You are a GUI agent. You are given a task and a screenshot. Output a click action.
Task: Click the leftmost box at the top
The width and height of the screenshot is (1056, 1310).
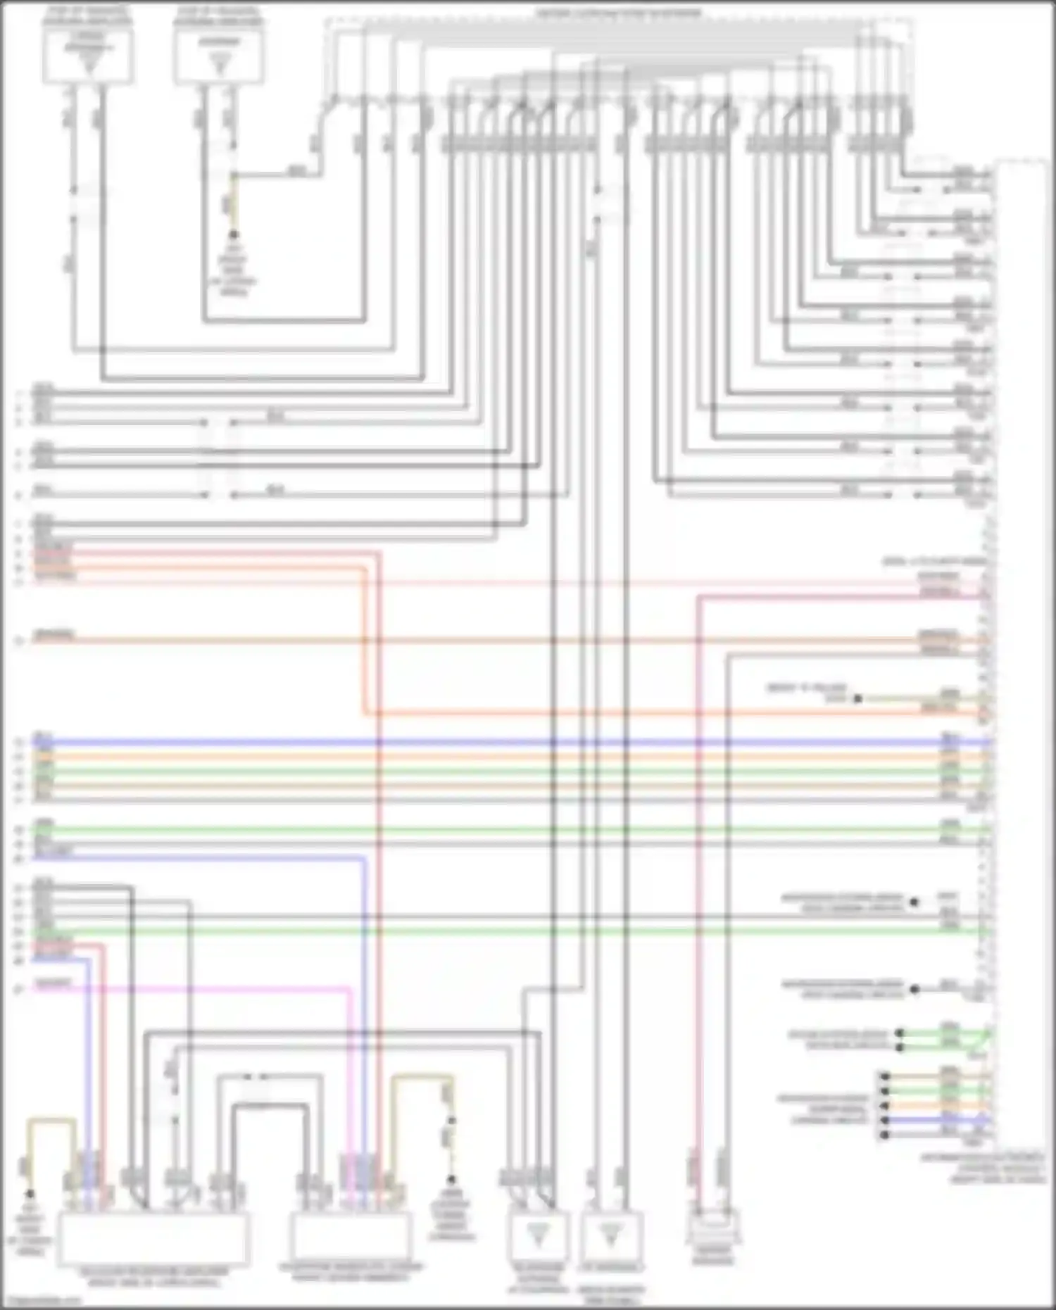coord(88,56)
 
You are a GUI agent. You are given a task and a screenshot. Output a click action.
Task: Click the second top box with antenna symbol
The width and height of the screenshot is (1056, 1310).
coord(219,56)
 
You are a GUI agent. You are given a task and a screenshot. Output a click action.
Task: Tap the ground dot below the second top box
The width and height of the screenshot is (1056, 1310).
coord(234,235)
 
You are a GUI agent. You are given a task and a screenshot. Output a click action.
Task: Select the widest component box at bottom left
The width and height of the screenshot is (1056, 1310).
coord(153,1239)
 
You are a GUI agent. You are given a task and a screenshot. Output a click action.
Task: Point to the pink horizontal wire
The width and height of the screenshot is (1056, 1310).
coord(190,989)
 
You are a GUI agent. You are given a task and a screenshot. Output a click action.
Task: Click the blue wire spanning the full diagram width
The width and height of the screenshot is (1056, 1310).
coord(493,742)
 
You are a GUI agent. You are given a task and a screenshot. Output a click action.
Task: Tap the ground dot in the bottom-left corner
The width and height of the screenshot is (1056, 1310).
coord(30,1194)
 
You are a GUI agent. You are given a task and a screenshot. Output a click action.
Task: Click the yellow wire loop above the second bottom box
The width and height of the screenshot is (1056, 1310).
coord(422,1076)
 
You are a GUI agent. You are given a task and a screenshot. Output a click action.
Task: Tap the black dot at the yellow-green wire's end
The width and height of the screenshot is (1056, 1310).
coord(857,699)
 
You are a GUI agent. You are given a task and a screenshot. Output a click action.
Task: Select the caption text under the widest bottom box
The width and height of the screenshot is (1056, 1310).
coord(153,1277)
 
